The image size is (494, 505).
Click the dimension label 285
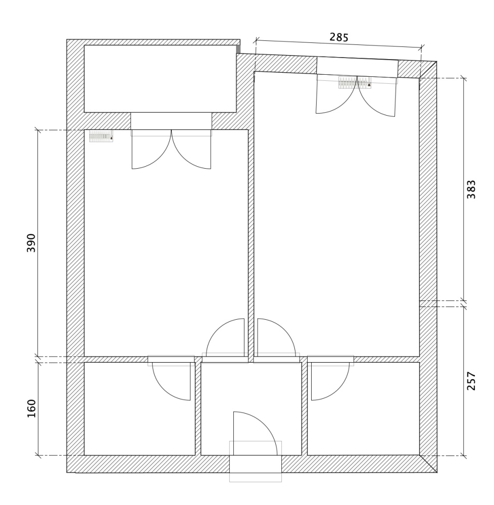coord(339,37)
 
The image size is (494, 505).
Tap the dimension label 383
coord(471,189)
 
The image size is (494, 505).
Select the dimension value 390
coord(31,243)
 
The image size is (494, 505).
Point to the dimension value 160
coord(31,409)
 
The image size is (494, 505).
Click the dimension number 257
coord(471,381)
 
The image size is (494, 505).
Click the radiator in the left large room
coord(101,136)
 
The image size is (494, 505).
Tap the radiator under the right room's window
coord(354,82)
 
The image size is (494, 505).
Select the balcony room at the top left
coord(160,79)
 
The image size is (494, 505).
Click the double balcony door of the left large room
coord(171,149)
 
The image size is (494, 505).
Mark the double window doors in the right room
coord(356,95)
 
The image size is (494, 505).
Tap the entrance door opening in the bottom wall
coord(256,464)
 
